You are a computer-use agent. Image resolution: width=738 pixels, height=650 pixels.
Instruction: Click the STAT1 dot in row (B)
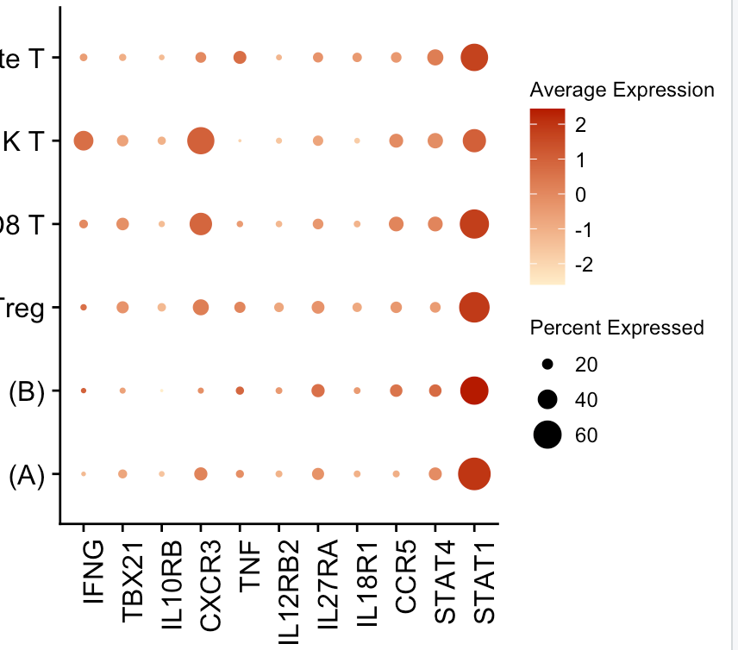[x=473, y=391]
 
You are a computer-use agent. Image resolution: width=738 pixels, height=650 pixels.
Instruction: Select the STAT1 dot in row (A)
[x=473, y=474]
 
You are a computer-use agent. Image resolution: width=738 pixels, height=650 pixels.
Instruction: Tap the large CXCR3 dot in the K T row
[x=200, y=141]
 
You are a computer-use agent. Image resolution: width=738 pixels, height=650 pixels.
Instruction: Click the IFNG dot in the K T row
[x=84, y=141]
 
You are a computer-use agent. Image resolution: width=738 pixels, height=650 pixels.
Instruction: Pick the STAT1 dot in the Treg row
[x=473, y=307]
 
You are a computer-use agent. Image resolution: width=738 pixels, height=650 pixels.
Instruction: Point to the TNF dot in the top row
[x=240, y=58]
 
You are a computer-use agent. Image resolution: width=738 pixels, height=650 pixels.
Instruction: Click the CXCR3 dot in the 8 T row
[x=200, y=224]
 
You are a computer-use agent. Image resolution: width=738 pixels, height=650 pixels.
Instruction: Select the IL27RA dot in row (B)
[x=318, y=391]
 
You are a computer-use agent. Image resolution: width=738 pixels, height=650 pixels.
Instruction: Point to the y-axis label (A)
[x=26, y=475]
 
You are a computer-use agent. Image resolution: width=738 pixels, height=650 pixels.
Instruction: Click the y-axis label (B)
[x=26, y=391]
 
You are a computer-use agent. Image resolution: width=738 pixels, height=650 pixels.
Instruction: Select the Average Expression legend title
[x=622, y=91]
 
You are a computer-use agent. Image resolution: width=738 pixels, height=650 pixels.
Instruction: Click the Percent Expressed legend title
[x=617, y=328]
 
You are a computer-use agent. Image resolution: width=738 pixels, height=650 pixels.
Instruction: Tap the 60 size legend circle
[x=547, y=436]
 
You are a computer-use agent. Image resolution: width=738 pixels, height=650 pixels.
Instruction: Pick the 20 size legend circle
[x=547, y=366]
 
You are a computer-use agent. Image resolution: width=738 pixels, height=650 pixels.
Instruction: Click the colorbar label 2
[x=580, y=125]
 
